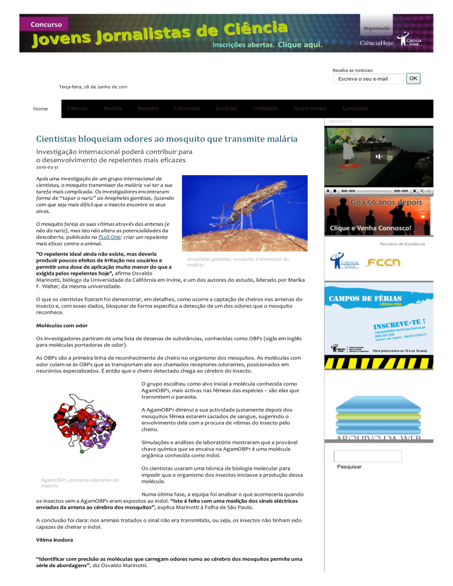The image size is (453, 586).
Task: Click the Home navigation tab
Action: click(x=41, y=109)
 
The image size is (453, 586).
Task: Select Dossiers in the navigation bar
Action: click(x=147, y=108)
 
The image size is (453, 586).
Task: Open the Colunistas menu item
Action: click(x=187, y=108)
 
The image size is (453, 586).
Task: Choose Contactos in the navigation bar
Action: click(x=355, y=108)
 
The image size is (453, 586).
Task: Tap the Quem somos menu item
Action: click(x=310, y=108)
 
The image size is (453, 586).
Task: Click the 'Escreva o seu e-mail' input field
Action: click(x=367, y=79)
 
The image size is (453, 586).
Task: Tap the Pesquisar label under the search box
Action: click(x=349, y=467)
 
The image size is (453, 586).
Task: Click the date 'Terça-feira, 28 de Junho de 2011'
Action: click(x=93, y=87)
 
